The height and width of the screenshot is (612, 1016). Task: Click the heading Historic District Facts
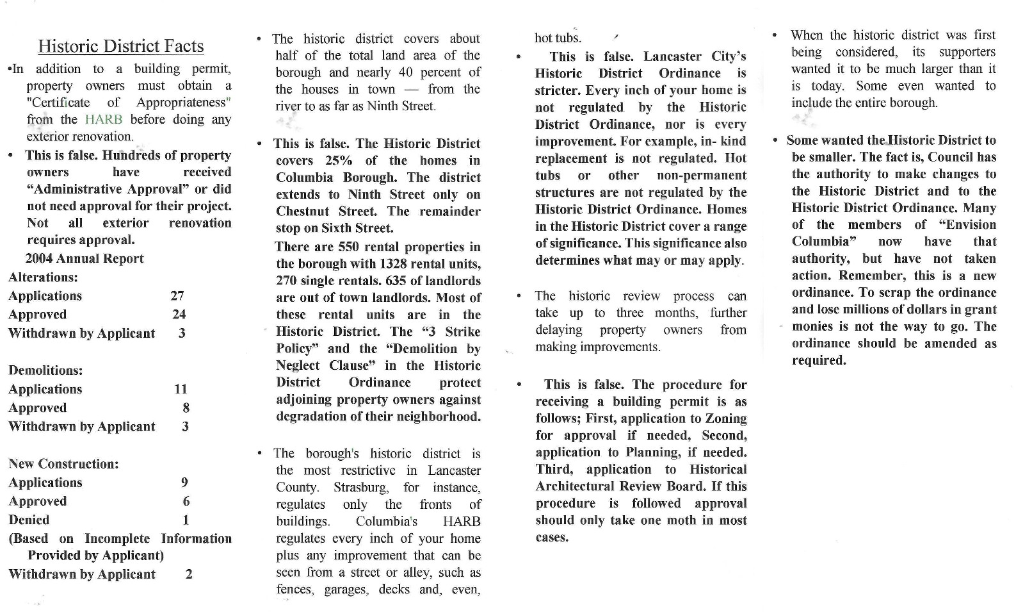point(121,46)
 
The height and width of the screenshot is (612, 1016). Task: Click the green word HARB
point(103,119)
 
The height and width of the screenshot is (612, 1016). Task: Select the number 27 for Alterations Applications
point(177,295)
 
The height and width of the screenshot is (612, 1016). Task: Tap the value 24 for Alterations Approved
point(179,314)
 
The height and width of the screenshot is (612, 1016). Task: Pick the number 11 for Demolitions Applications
point(181,389)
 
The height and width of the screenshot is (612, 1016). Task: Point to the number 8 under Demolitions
point(186,408)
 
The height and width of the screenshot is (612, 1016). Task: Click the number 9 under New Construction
point(185,483)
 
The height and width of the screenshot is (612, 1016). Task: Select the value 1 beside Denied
point(186,520)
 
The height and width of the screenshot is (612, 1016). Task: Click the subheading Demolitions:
point(45,370)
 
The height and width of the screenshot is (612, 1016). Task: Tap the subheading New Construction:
point(63,464)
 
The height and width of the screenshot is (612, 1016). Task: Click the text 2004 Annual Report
point(85,258)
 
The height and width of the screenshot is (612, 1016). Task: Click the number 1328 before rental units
point(398,264)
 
